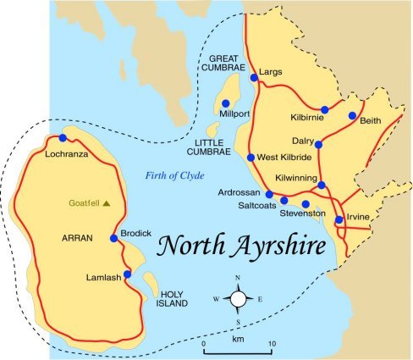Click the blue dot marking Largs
[254, 79]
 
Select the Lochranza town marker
[63, 139]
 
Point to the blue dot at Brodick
[114, 238]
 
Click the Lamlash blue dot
[127, 274]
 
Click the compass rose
[238, 298]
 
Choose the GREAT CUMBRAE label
[223, 64]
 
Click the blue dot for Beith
[352, 115]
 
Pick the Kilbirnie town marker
[324, 109]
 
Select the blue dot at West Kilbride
[251, 158]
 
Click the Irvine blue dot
[339, 220]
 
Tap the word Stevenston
[302, 214]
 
